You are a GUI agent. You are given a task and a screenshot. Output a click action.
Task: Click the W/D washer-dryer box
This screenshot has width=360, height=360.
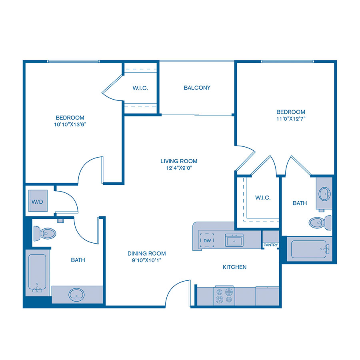38,201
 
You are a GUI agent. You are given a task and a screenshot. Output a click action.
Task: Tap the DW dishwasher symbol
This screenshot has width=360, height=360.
207,240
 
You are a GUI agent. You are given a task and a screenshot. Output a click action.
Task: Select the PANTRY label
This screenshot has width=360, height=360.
270,245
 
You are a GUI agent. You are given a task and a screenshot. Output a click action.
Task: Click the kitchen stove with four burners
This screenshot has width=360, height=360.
224,295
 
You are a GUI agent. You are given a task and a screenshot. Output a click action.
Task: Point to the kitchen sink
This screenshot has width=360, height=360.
234,240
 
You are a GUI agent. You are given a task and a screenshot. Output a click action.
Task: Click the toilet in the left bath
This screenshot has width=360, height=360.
44,233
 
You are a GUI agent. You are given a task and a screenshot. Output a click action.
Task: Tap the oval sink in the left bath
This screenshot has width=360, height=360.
76,295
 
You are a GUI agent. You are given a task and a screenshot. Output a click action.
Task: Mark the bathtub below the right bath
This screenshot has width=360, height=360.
310,249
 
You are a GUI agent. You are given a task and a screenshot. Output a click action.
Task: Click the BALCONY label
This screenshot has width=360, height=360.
197,88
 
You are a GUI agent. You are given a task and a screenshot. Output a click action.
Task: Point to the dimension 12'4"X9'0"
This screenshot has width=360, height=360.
179,168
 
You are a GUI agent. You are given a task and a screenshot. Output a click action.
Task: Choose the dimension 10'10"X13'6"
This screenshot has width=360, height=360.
70,124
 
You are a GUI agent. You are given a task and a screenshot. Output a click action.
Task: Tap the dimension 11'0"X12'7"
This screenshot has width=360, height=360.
291,119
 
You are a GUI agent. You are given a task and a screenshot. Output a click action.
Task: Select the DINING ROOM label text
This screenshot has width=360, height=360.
146,254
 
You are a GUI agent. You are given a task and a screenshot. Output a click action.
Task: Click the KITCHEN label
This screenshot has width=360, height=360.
234,267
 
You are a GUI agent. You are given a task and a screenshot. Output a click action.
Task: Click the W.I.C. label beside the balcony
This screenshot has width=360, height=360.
140,88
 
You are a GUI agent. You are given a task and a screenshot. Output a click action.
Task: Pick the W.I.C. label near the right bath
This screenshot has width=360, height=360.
263,198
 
